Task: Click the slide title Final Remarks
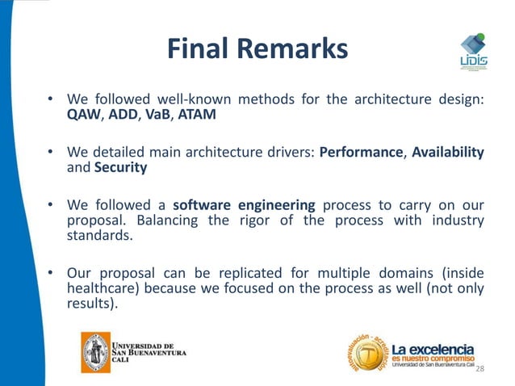pos(257,50)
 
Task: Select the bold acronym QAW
pos(82,115)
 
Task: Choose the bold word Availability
pos(448,153)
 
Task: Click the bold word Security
pos(120,168)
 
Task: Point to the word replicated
pos(229,274)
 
